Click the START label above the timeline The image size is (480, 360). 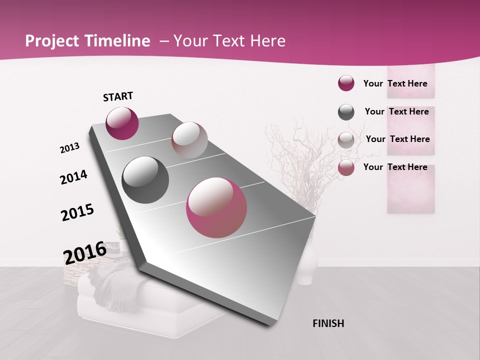click(x=118, y=96)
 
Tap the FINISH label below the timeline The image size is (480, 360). click(x=328, y=323)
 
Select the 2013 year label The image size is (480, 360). click(x=69, y=147)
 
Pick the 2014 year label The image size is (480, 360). click(x=73, y=177)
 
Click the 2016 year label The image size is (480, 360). click(x=85, y=253)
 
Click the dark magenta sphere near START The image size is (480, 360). click(x=122, y=123)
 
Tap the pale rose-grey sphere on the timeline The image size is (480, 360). click(x=189, y=139)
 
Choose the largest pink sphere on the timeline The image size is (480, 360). click(x=216, y=207)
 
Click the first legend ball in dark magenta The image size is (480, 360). click(x=346, y=83)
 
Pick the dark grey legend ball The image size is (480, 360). click(x=346, y=112)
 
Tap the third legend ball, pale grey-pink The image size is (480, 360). click(x=346, y=140)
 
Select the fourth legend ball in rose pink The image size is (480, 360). click(x=346, y=168)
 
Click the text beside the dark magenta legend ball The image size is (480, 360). click(x=395, y=83)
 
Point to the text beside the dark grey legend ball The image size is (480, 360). click(x=396, y=111)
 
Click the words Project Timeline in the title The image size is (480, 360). click(x=87, y=41)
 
